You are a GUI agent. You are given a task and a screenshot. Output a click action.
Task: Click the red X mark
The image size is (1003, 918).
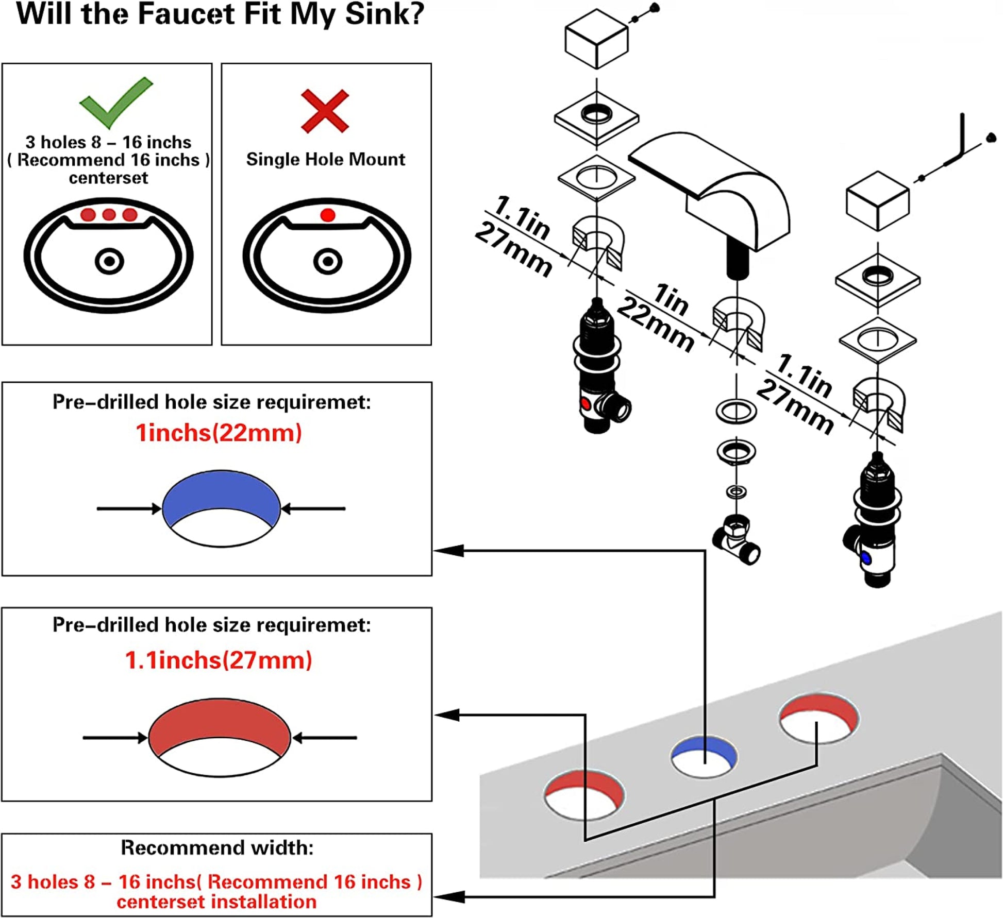click(325, 111)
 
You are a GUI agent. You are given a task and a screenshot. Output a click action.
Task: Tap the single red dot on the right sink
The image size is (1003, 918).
click(327, 215)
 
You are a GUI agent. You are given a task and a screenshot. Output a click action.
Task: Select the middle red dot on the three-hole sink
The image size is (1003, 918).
click(109, 214)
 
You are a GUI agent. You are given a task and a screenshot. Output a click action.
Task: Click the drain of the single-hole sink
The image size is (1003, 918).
click(327, 261)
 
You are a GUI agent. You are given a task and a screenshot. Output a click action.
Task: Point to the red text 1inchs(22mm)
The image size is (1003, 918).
click(219, 433)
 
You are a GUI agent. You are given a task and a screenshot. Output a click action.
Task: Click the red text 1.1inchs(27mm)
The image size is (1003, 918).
click(219, 660)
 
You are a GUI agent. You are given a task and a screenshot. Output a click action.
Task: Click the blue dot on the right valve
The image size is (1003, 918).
click(865, 558)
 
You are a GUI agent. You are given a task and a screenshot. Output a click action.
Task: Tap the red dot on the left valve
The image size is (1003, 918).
click(586, 403)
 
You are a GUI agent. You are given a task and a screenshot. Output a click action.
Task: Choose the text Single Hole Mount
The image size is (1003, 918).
click(325, 159)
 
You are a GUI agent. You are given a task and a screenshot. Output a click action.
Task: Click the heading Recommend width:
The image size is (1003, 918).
click(217, 847)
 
